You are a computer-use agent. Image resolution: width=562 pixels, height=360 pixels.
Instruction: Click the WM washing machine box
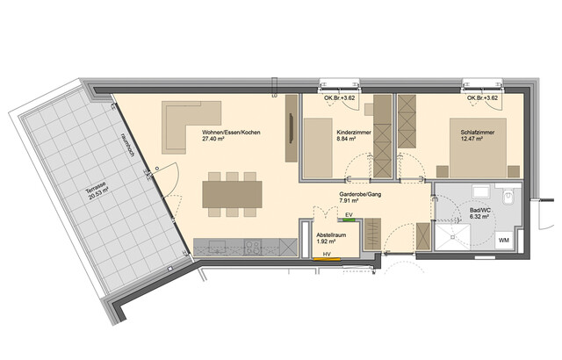pyautogui.click(x=505, y=239)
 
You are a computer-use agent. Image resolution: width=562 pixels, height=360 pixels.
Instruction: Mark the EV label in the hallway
pyautogui.click(x=349, y=214)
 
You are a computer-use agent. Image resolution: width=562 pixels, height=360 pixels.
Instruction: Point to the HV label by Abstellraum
pyautogui.click(x=328, y=256)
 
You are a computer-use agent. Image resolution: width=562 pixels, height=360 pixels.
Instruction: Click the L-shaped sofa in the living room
pyautogui.click(x=187, y=123)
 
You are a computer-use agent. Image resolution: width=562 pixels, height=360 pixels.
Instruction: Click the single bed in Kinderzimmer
pyautogui.click(x=326, y=145)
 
